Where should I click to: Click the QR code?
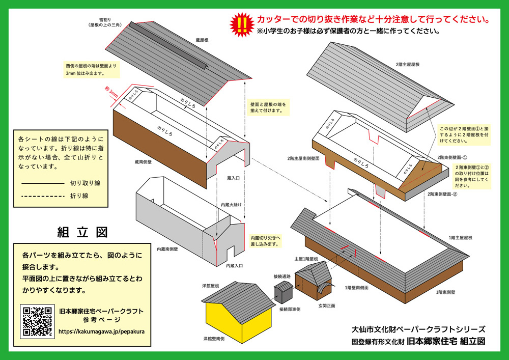point(37,321)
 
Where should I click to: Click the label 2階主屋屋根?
point(407,65)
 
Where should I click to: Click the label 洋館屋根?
point(210,286)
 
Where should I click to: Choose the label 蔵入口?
point(234,178)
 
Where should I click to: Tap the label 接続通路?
point(281,276)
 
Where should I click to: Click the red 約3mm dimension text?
point(111,93)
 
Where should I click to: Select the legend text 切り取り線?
point(85,183)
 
